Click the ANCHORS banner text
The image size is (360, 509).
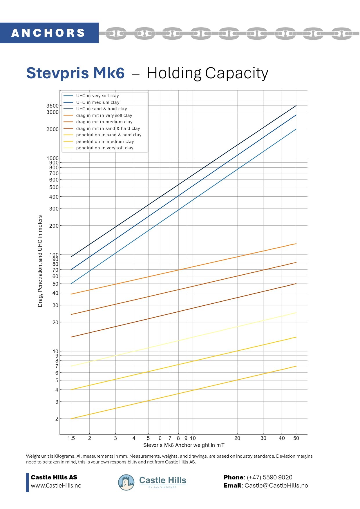point(48,33)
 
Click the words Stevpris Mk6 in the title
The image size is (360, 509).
point(75,73)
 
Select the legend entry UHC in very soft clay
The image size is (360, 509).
point(97,96)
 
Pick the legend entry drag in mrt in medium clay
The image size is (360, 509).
point(104,122)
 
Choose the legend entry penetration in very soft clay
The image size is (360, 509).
point(105,148)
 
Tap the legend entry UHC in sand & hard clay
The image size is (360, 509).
point(102,109)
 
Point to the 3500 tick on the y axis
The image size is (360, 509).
point(53,106)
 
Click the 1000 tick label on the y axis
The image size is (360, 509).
point(53,158)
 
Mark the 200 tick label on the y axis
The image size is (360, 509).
point(54,226)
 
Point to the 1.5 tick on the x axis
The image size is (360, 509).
point(71,438)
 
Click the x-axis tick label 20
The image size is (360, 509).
point(237,438)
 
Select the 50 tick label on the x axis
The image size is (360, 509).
point(296,438)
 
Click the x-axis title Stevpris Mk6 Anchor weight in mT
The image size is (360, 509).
point(184,445)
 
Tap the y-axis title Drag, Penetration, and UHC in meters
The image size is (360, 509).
point(40,261)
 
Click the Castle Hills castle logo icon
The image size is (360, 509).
point(126,482)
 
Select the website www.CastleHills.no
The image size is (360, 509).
point(56,486)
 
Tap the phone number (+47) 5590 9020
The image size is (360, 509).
point(269,477)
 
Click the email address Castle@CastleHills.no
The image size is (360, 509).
point(276,486)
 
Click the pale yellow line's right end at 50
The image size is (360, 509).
point(296,313)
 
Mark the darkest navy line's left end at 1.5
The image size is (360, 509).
point(71,257)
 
